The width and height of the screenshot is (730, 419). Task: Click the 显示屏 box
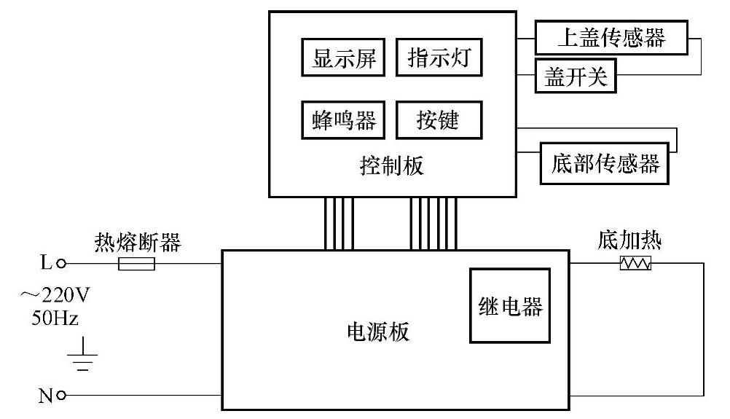(345, 58)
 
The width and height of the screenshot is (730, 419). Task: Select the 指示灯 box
(439, 58)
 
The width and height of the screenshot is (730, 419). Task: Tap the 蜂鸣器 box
(345, 120)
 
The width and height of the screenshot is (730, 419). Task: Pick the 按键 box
(439, 120)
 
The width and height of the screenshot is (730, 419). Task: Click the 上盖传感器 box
(611, 37)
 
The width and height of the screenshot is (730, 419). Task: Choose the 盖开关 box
(576, 78)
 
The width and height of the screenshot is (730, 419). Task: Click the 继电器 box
(509, 306)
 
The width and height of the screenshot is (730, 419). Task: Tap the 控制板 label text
(392, 166)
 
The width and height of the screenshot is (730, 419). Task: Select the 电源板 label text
(377, 332)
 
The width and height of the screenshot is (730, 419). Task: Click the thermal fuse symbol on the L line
(136, 264)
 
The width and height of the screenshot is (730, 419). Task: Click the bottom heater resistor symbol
(635, 263)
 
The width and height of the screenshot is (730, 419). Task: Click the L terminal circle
(61, 264)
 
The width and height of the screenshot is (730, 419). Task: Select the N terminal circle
(61, 396)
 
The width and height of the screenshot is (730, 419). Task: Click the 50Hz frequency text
(55, 318)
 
